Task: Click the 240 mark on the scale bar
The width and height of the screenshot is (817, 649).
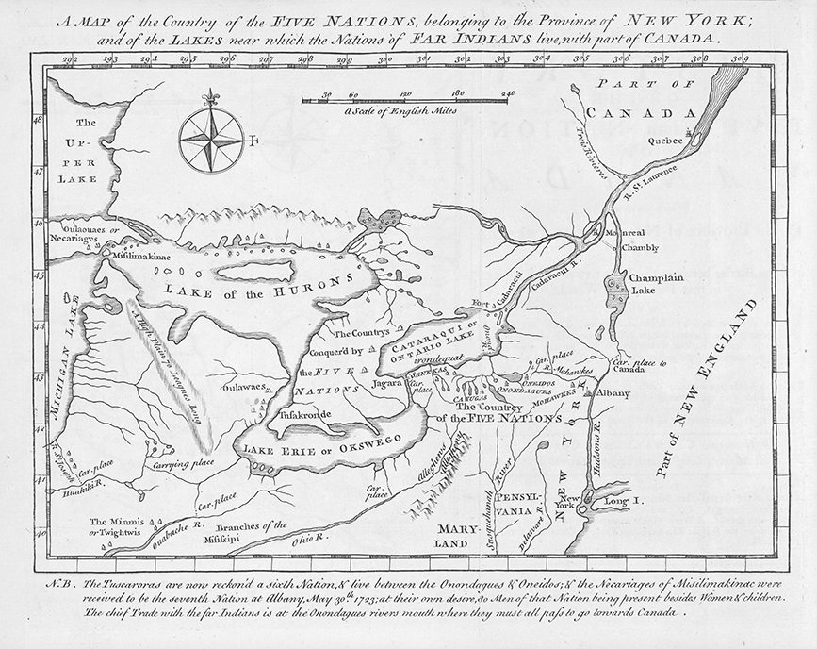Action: tap(509, 93)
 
